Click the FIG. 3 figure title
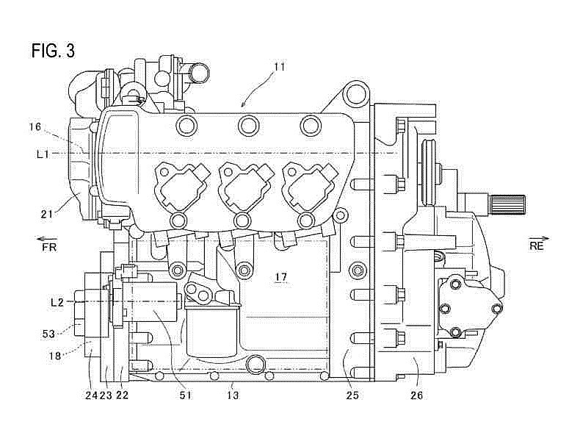(x=53, y=51)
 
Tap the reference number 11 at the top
(x=280, y=67)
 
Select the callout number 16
(x=35, y=126)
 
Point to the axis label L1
(x=43, y=154)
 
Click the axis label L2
(x=57, y=302)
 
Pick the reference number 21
(x=47, y=214)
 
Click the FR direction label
(x=48, y=247)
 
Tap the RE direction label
(x=537, y=246)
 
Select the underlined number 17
(x=281, y=278)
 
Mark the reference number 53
(x=48, y=333)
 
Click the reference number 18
(x=55, y=356)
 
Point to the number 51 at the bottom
(x=185, y=395)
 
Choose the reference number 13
(x=233, y=395)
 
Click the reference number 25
(x=352, y=395)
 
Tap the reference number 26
(x=416, y=395)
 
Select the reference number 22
(x=123, y=395)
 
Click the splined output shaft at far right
(x=507, y=204)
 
